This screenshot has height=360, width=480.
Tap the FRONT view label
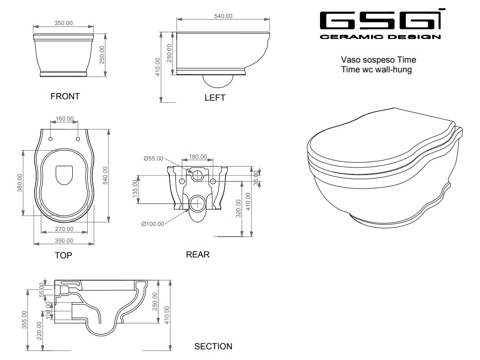(65, 96)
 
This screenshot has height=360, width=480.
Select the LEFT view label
(215, 97)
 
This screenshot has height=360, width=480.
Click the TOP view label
(64, 255)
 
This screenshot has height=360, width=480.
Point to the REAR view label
(198, 254)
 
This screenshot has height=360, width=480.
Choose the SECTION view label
(213, 346)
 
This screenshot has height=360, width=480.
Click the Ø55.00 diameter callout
(154, 158)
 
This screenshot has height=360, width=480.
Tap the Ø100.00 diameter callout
(153, 224)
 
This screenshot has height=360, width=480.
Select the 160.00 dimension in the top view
(64, 118)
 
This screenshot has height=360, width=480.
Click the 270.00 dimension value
(64, 229)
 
